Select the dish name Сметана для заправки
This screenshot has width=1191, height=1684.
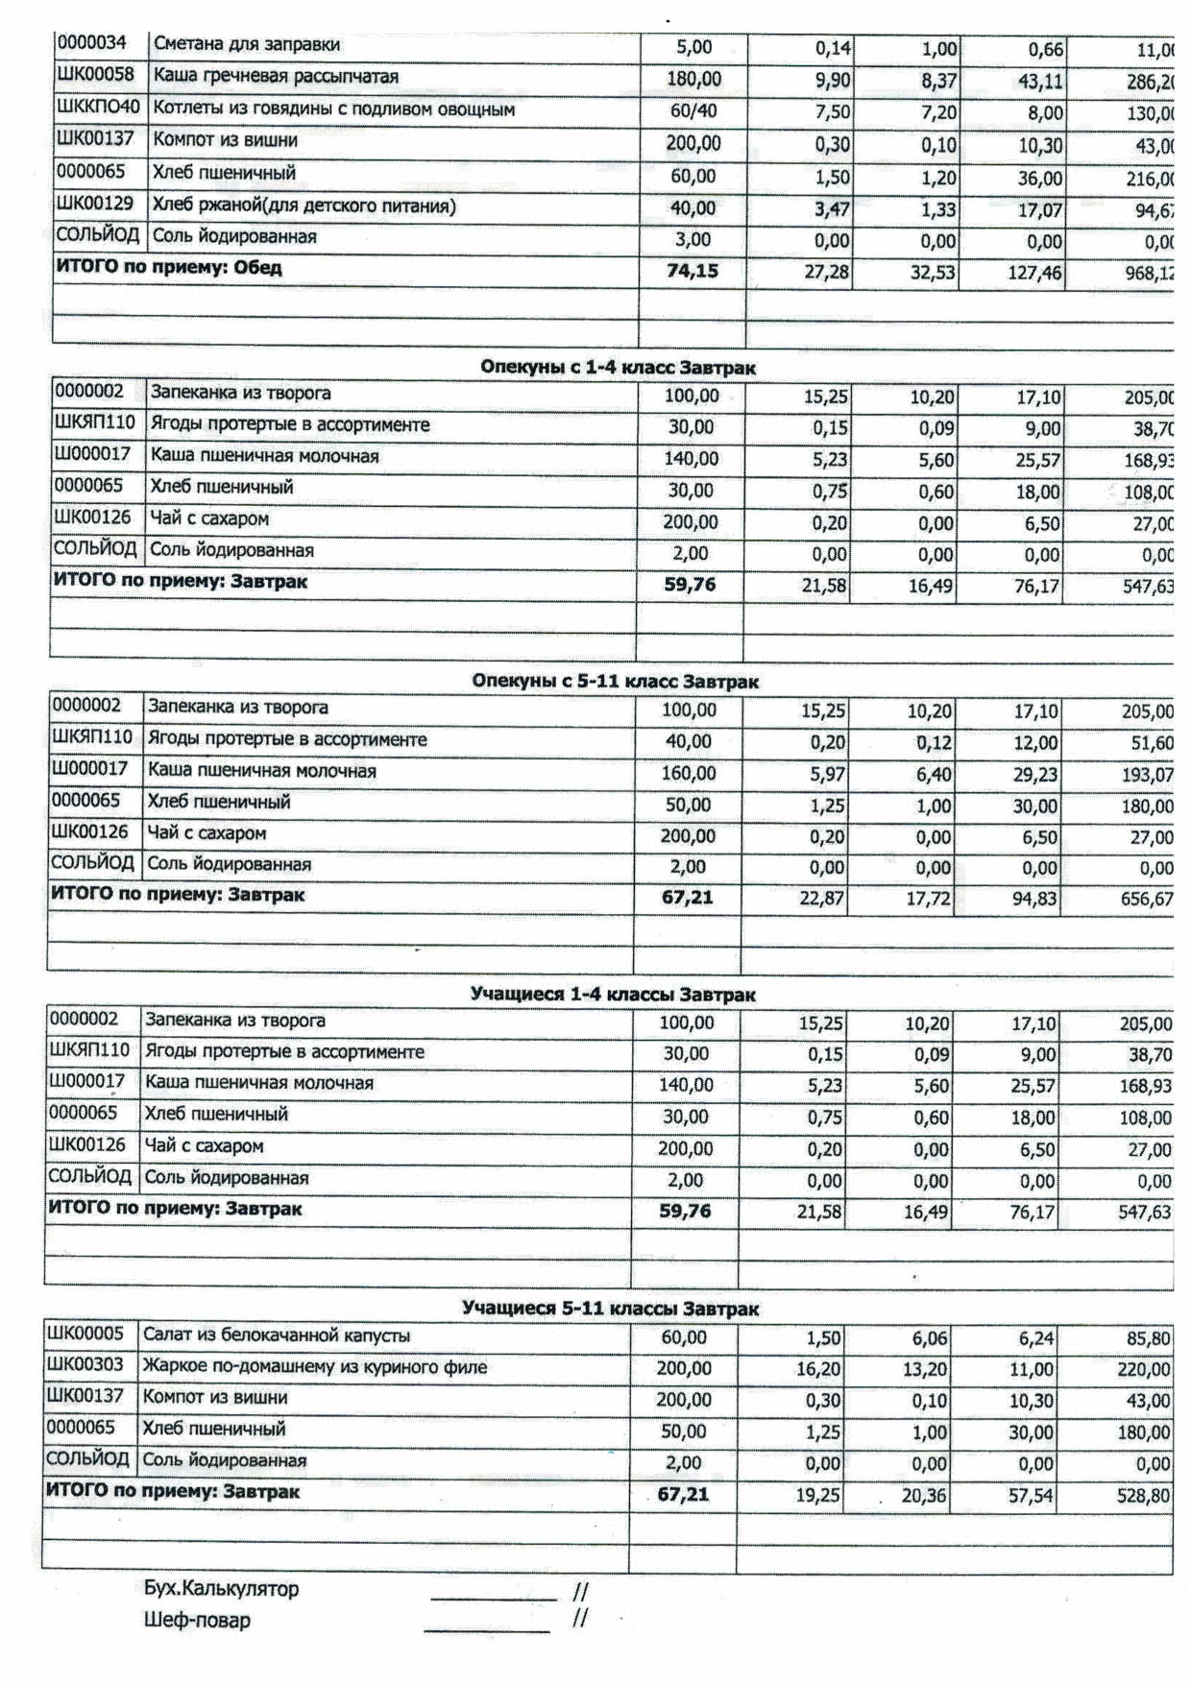coord(247,44)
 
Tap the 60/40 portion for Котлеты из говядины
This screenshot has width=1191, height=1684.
coord(693,111)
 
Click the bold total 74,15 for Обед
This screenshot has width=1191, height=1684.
coord(693,271)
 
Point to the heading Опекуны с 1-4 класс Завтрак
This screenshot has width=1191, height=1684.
coord(618,368)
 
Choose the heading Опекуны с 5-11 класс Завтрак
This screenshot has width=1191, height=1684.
coord(615,682)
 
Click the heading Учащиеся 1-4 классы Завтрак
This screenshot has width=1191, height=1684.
coord(613,995)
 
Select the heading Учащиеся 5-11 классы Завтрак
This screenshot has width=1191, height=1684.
coord(610,1309)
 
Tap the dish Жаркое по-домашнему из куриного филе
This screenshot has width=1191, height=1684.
coord(315,1366)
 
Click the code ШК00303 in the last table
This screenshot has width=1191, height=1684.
coord(85,1366)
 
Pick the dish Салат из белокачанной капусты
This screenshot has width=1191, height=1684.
coord(277,1335)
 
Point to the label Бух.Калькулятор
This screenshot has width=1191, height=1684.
coord(221,1589)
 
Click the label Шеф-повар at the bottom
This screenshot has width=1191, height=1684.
coord(197,1621)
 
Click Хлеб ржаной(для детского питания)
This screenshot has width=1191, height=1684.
coord(304,205)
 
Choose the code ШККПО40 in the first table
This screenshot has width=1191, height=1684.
coord(98,108)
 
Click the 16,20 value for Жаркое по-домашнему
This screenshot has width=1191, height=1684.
coord(818,1369)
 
